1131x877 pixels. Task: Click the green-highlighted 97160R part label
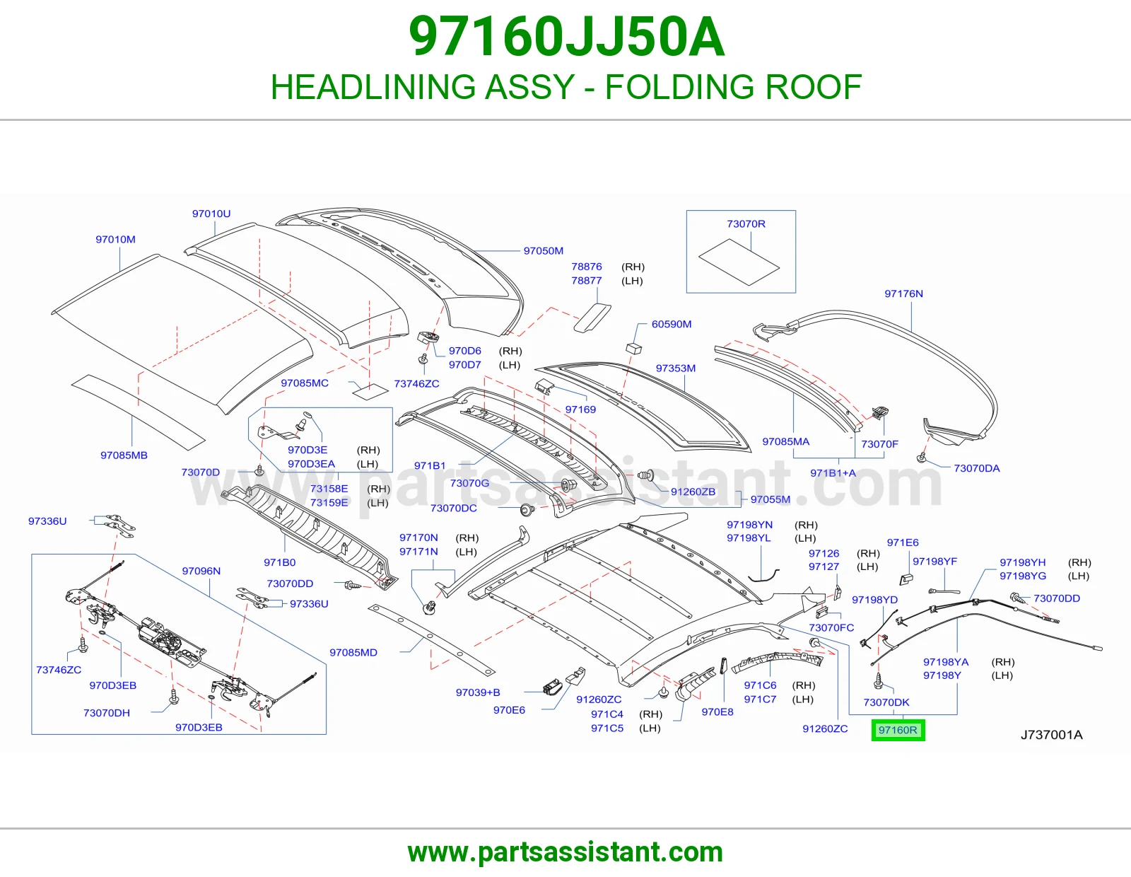click(898, 730)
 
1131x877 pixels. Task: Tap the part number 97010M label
click(115, 240)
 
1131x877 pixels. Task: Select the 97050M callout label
click(544, 251)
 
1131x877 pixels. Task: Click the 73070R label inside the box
click(746, 224)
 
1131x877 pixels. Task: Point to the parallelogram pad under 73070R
click(739, 262)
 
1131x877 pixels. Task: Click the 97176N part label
click(903, 294)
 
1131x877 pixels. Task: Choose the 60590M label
click(672, 324)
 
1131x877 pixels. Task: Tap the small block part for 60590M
click(633, 348)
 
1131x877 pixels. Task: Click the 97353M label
click(676, 368)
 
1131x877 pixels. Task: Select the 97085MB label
click(124, 455)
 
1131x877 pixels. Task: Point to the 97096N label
click(201, 571)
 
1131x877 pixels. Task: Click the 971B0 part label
click(279, 562)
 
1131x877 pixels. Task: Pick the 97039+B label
click(478, 692)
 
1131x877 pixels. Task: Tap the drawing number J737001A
click(1051, 735)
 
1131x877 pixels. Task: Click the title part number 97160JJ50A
click(566, 37)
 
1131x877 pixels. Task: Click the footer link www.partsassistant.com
click(565, 852)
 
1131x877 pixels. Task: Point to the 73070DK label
click(886, 702)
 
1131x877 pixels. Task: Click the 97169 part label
click(580, 410)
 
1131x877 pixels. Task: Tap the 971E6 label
click(903, 542)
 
